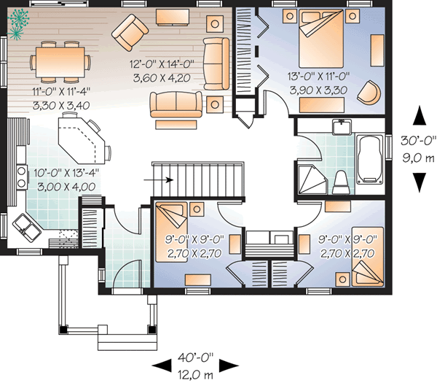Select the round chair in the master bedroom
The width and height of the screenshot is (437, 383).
point(373,93)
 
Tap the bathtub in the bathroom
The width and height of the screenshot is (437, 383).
point(369,159)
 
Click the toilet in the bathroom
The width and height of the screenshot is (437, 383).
point(340,181)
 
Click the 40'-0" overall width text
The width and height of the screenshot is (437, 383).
point(194,357)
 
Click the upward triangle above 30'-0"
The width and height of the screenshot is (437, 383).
point(419,115)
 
